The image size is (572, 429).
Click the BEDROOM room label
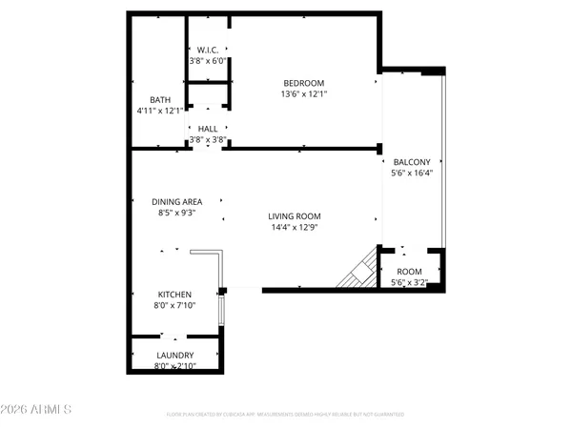[302, 83]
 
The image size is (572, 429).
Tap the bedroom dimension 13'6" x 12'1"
[302, 94]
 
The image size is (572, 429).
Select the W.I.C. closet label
[208, 50]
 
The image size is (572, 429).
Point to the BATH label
[159, 100]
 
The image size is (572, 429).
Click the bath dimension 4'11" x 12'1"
[159, 112]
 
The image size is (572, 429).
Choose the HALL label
[208, 129]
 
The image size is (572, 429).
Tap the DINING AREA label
[177, 201]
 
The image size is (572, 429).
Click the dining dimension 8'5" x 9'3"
[177, 214]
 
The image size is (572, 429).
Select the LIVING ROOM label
[294, 216]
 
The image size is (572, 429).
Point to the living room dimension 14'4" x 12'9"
[294, 229]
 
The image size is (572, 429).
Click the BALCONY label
[412, 162]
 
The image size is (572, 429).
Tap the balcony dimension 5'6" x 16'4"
[412, 174]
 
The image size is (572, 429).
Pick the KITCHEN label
[174, 295]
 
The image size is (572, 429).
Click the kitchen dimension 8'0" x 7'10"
[174, 306]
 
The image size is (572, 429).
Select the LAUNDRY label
[174, 356]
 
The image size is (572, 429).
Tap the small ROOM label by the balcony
[409, 271]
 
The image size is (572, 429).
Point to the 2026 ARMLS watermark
[37, 411]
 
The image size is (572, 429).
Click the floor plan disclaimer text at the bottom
[285, 415]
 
